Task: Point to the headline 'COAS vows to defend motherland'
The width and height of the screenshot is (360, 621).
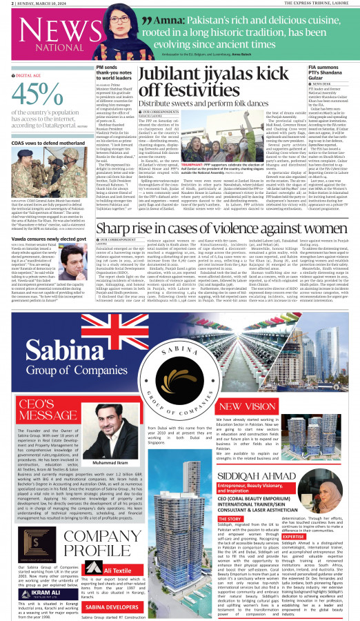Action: [x=39, y=141]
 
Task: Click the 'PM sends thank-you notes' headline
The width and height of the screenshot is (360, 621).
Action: [x=115, y=70]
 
